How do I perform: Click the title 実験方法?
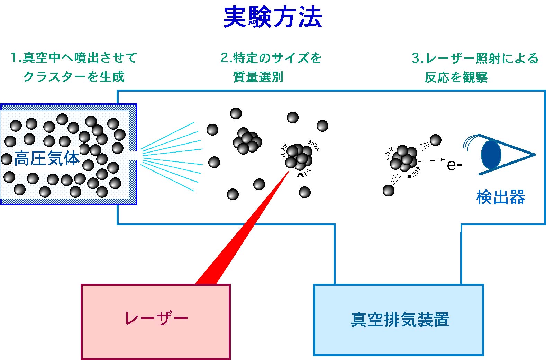273,17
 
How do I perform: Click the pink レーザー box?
156,322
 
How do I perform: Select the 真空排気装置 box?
398,320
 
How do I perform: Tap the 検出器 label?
500,197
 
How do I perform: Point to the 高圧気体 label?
46,159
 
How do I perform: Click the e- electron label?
454,165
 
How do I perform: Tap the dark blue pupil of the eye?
491,155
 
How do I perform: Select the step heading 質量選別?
258,77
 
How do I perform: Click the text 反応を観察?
456,77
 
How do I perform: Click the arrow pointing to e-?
432,160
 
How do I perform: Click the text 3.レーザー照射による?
475,58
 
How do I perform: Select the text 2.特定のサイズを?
271,58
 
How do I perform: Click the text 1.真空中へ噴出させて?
74,57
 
